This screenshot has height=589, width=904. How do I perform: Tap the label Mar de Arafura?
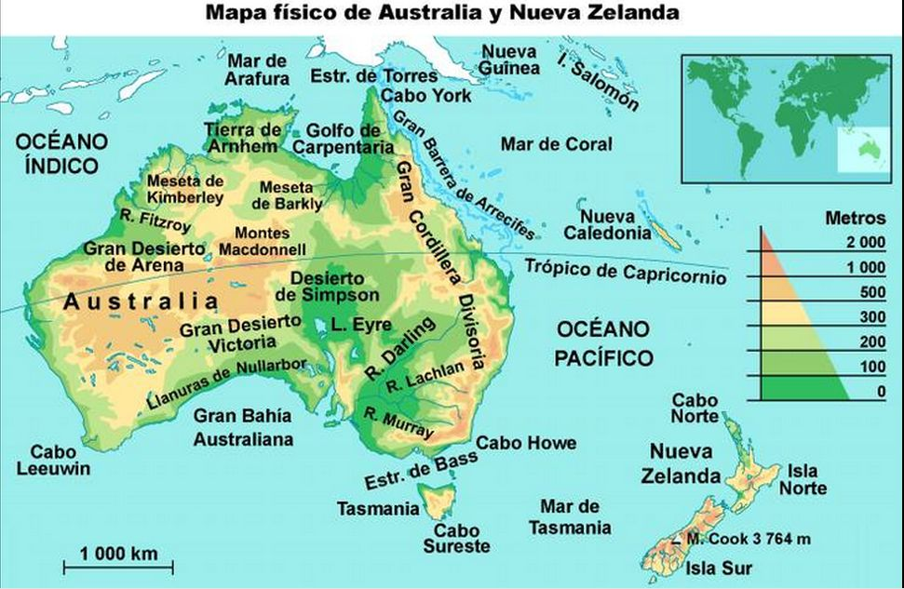pyautogui.click(x=257, y=69)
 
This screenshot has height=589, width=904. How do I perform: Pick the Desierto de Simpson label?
pyautogui.click(x=328, y=287)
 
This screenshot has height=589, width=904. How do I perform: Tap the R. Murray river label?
pyautogui.click(x=399, y=423)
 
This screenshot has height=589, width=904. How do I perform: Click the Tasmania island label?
pyautogui.click(x=378, y=509)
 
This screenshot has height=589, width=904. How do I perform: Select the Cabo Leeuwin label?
pyautogui.click(x=54, y=460)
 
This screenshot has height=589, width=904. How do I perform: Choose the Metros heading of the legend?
pyautogui.click(x=855, y=219)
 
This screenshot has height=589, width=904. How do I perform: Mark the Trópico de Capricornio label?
pyautogui.click(x=625, y=271)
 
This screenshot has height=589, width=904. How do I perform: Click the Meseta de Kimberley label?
pyautogui.click(x=185, y=189)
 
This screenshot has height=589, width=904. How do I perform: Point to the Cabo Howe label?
pyautogui.click(x=526, y=443)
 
